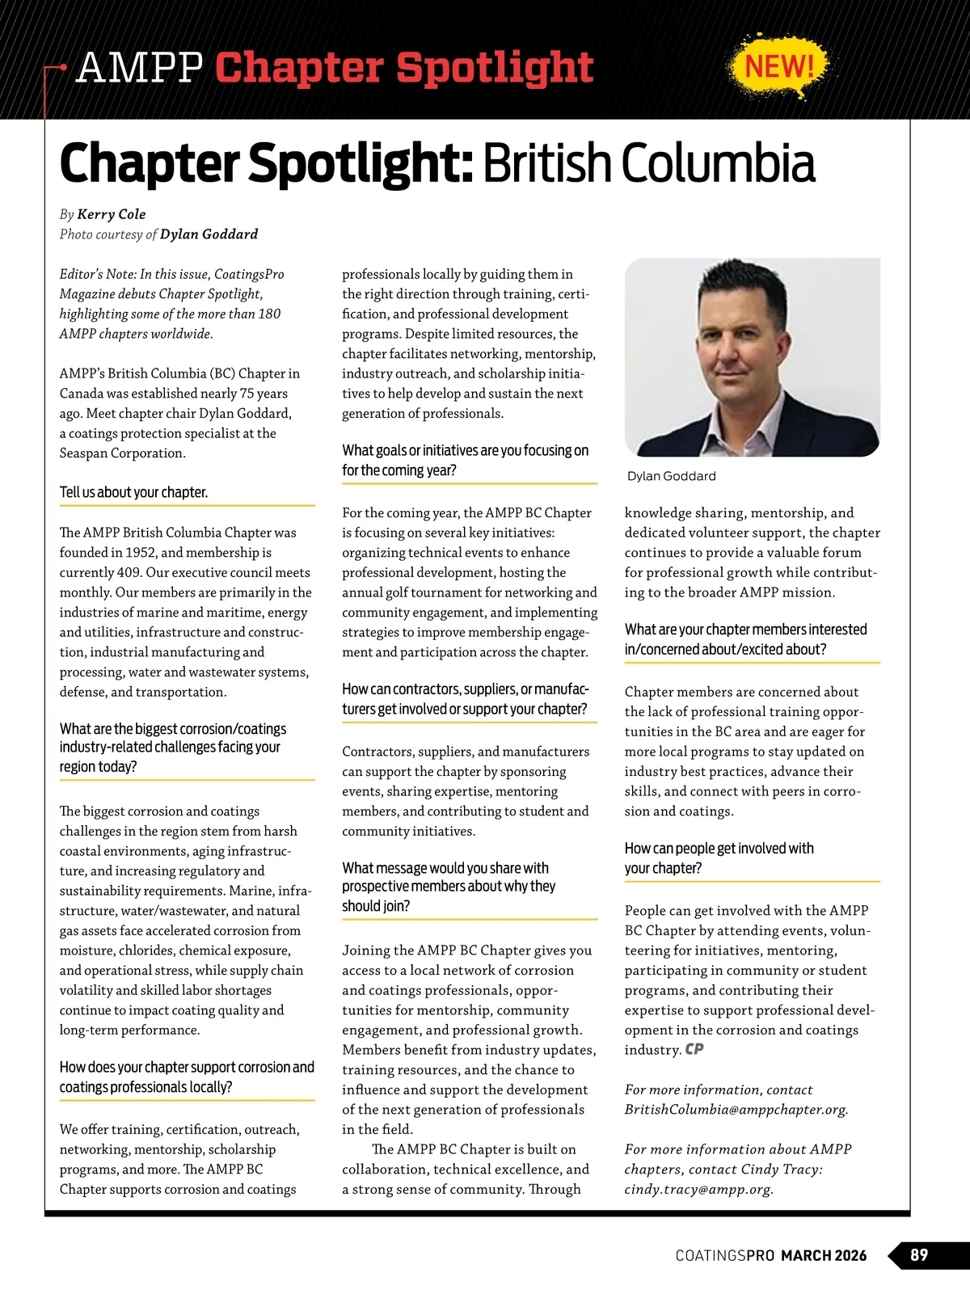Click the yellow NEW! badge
pyautogui.click(x=779, y=65)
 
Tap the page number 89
pyautogui.click(x=919, y=1255)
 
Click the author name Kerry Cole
pyautogui.click(x=112, y=214)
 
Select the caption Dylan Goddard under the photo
pyautogui.click(x=671, y=476)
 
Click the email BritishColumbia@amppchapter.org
pyautogui.click(x=736, y=1110)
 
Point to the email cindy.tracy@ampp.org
pyautogui.click(x=698, y=1189)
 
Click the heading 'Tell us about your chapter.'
pyautogui.click(x=133, y=492)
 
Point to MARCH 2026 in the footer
pyautogui.click(x=824, y=1256)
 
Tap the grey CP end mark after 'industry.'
pyautogui.click(x=694, y=1050)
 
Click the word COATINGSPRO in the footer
pyautogui.click(x=725, y=1256)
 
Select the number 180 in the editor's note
pyautogui.click(x=269, y=314)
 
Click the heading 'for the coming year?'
pyautogui.click(x=399, y=470)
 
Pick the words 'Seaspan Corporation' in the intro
pyautogui.click(x=123, y=453)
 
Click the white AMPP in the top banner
pyautogui.click(x=139, y=68)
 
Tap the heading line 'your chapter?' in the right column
pyautogui.click(x=663, y=868)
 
